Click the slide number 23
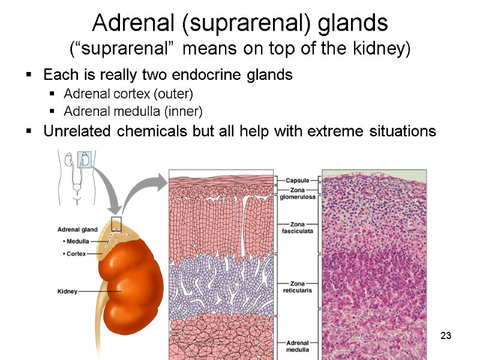click(445, 334)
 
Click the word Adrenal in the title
click(126, 23)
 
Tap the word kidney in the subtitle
click(383, 47)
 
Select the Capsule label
click(297, 179)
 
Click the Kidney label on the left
click(67, 291)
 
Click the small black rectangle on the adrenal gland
click(116, 224)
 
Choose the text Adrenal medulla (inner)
click(133, 112)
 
